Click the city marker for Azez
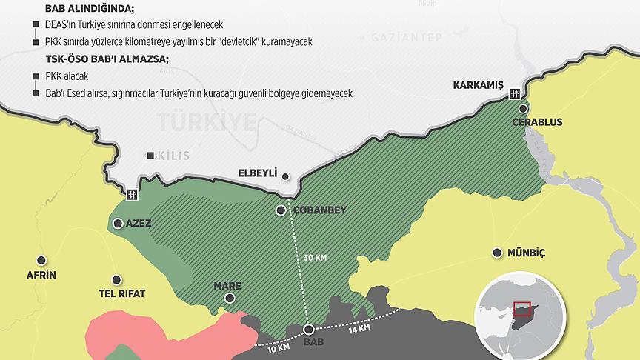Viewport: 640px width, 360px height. click(117, 223)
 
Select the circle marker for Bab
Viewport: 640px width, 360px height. click(309, 330)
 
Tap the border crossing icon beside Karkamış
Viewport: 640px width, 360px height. click(515, 93)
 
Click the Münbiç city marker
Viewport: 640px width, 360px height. click(496, 253)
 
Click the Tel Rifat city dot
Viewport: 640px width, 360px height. click(116, 279)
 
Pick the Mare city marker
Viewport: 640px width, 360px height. click(230, 298)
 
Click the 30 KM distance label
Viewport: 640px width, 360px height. click(315, 258)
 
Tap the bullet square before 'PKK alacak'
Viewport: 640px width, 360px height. click(35, 76)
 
